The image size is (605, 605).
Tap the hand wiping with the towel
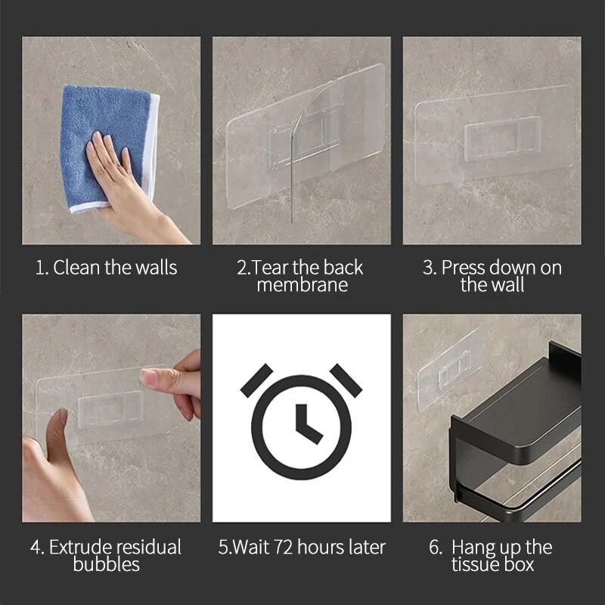point(121,174)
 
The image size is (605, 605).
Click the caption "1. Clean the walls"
point(107,268)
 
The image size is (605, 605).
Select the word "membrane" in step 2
point(302,285)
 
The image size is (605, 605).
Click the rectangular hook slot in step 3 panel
point(502,138)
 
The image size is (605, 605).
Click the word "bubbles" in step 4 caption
point(107,564)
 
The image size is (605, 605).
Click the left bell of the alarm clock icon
point(257,378)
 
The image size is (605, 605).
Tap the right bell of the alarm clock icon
point(346,378)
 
